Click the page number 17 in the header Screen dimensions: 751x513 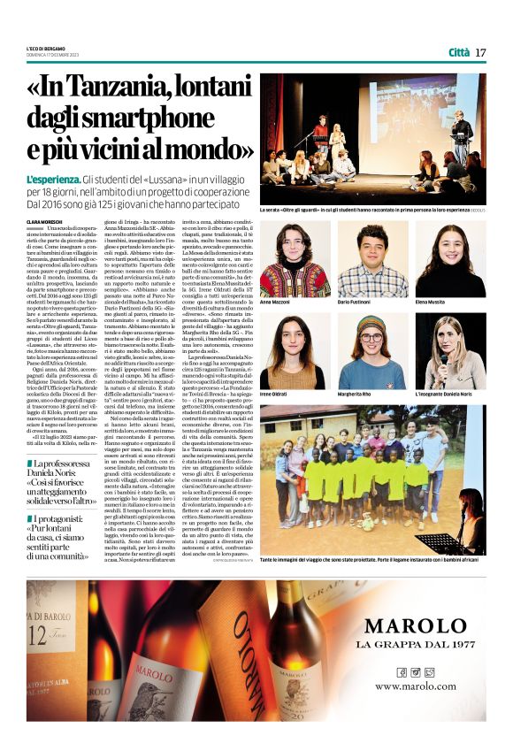tap(480, 52)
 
